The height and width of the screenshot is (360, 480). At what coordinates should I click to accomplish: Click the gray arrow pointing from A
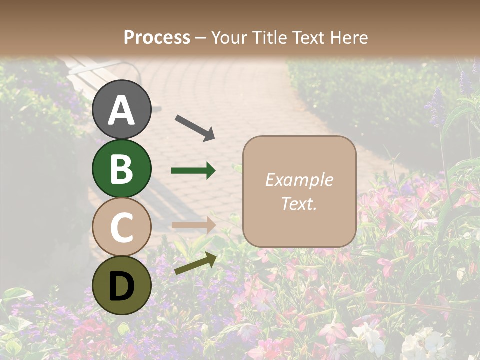[x=195, y=127]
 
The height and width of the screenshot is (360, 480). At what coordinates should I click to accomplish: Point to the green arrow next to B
[x=193, y=171]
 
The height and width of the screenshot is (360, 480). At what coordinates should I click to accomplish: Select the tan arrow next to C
[x=193, y=225]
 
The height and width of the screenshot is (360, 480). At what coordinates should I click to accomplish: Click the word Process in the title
[x=157, y=37]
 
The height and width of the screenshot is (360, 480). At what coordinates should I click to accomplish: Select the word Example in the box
[x=299, y=180]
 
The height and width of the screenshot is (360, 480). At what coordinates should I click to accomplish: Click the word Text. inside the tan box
[x=299, y=203]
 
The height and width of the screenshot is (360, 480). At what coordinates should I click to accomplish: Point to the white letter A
[x=121, y=110]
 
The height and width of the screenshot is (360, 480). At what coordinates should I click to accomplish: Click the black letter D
[x=121, y=286]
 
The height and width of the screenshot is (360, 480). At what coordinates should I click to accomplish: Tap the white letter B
[x=121, y=169]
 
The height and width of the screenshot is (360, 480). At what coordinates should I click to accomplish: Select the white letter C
[x=121, y=227]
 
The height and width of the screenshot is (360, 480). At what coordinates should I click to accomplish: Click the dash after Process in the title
[x=200, y=38]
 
